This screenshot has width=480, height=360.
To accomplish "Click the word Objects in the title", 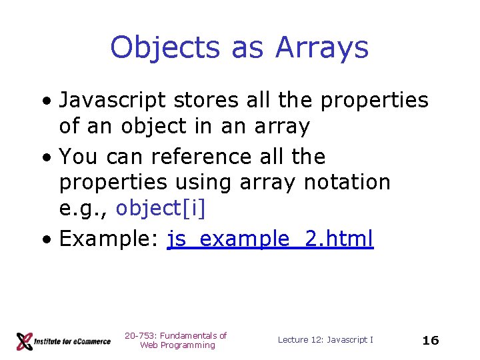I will pyautogui.click(x=166, y=48).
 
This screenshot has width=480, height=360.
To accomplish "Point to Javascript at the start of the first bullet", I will pyautogui.click(x=113, y=101).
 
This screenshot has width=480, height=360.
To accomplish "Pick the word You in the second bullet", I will pyautogui.click(x=79, y=157).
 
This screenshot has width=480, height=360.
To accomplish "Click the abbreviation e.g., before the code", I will pyautogui.click(x=84, y=209).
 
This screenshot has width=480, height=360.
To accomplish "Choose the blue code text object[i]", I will pyautogui.click(x=161, y=209).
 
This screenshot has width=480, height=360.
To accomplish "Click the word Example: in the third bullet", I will pyautogui.click(x=109, y=238).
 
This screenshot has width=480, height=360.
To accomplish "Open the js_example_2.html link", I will pyautogui.click(x=270, y=238).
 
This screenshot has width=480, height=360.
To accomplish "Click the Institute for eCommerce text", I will pyautogui.click(x=73, y=341).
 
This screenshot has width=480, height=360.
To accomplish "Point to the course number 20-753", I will pyautogui.click(x=138, y=335).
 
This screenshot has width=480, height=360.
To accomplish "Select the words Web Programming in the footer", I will pyautogui.click(x=177, y=345).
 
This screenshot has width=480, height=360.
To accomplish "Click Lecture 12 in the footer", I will pyautogui.click(x=299, y=340).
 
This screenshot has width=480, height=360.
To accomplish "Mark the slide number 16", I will pyautogui.click(x=431, y=340).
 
